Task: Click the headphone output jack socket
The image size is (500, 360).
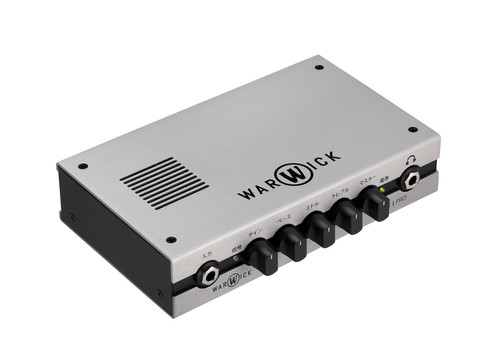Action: pyautogui.click(x=411, y=180)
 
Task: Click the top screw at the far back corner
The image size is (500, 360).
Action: pyautogui.click(x=318, y=69)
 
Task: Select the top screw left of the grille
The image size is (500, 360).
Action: pyautogui.click(x=83, y=166)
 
